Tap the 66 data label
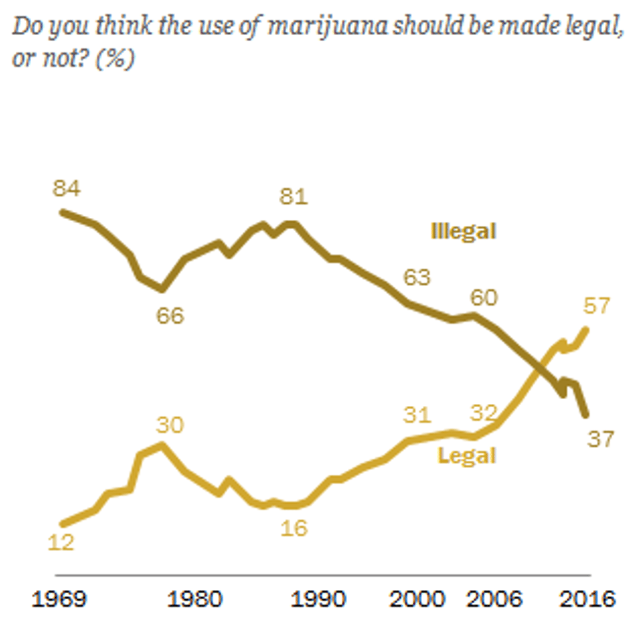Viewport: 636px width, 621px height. coord(170,315)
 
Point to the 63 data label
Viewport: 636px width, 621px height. coord(417,276)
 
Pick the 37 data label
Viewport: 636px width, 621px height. coord(601,438)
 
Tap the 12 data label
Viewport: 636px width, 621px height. coord(61,542)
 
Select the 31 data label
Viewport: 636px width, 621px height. coord(417,415)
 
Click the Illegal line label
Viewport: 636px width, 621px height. coord(464,231)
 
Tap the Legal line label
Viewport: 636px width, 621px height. coord(468,455)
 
